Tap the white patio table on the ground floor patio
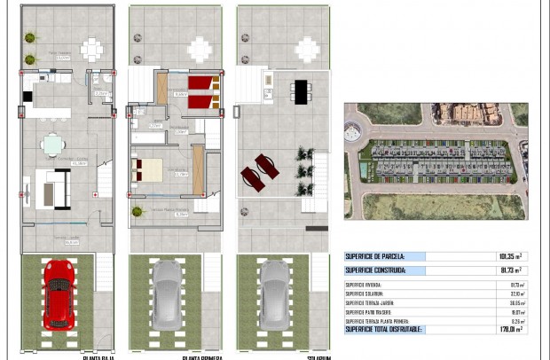[91, 49]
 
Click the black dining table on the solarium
[301, 90]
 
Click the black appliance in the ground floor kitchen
[27, 96]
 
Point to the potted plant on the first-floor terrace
[137, 211]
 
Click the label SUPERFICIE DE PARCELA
[376, 256]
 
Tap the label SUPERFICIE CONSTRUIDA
[378, 270]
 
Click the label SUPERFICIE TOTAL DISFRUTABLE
[384, 329]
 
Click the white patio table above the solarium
[307, 49]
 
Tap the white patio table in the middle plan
[200, 49]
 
